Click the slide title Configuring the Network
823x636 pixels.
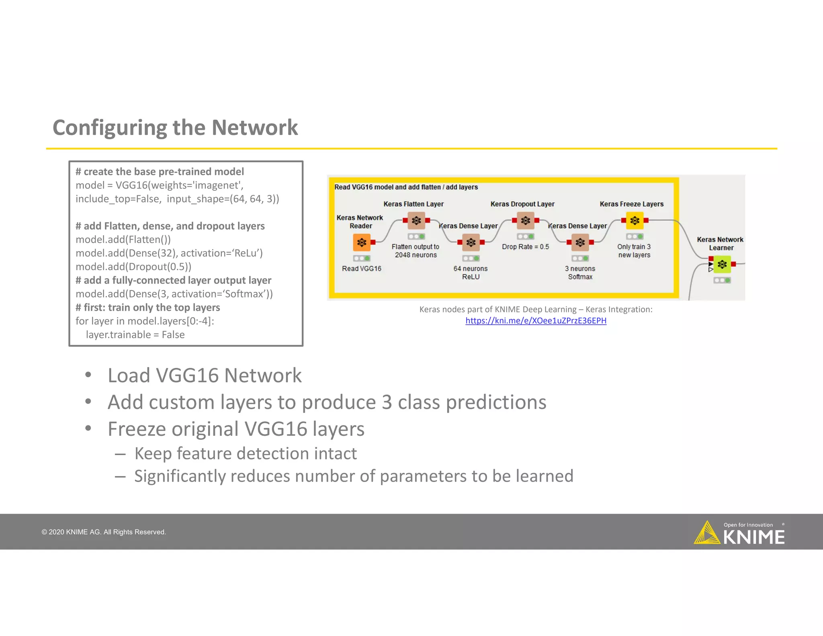pos(175,128)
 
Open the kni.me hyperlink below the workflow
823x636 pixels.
pos(536,321)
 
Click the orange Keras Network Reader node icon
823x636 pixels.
pos(362,242)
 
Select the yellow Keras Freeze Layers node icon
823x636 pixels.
pos(635,220)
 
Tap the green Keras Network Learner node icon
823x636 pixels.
pos(722,264)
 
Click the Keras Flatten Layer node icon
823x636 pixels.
pos(416,220)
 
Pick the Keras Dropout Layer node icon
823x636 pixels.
pos(525,220)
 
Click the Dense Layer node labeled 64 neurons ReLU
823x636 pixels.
pos(471,242)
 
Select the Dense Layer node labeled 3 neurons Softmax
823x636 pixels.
pos(580,242)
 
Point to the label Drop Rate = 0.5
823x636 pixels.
pos(525,247)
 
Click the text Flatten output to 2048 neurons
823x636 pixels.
pos(416,251)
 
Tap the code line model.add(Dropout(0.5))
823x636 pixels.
pos(133,267)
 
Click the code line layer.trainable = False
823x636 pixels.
pos(135,335)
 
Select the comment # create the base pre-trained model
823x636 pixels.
pos(160,172)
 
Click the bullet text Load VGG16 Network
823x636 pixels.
pos(205,375)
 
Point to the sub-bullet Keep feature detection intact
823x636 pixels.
pos(245,453)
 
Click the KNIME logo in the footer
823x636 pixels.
pos(739,533)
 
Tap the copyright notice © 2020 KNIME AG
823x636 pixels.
pos(104,532)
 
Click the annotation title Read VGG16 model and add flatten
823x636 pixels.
pos(406,187)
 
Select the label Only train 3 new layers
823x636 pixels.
pos(634,251)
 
